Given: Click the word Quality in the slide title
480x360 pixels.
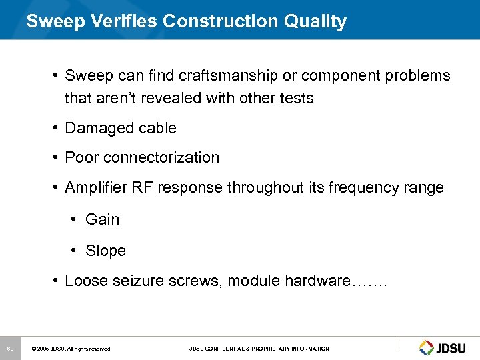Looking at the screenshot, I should (315, 21).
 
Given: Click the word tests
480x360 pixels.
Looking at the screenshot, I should (293, 98).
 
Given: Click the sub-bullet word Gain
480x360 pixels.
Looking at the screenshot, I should (103, 219).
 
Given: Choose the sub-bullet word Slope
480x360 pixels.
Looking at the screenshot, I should (105, 251).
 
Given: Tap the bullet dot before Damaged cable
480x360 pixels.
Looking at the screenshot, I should (58, 128).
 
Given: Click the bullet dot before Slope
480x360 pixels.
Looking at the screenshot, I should (79, 251).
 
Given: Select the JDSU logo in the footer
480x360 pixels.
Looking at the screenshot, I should (445, 347).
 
